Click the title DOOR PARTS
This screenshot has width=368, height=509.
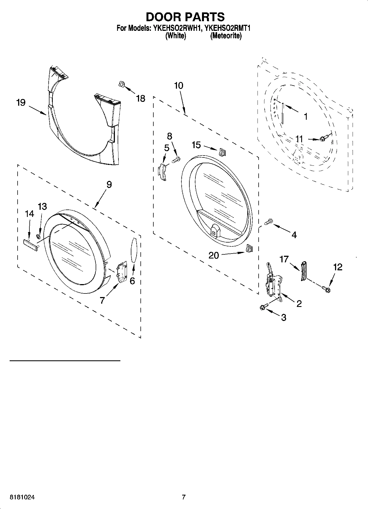[185, 17]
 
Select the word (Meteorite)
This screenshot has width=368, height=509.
[226, 36]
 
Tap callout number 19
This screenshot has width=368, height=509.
[21, 103]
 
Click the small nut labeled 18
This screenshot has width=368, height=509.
[121, 85]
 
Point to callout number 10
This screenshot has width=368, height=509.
[179, 86]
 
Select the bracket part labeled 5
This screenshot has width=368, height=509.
[162, 172]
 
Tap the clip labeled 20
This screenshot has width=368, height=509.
[249, 249]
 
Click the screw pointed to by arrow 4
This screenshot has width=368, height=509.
[268, 221]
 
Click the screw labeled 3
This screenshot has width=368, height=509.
[262, 307]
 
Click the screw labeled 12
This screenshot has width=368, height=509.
[326, 289]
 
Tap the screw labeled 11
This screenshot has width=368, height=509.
[324, 137]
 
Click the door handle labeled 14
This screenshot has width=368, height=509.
[30, 244]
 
